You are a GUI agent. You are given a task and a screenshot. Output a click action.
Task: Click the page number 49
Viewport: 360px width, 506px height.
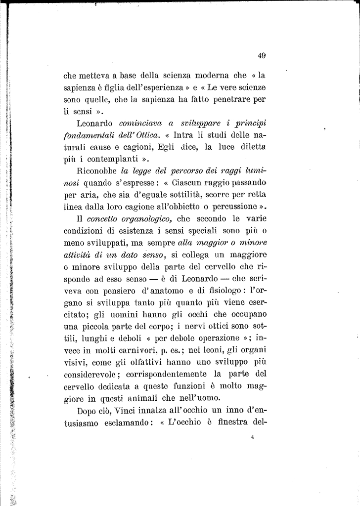[262, 56]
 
